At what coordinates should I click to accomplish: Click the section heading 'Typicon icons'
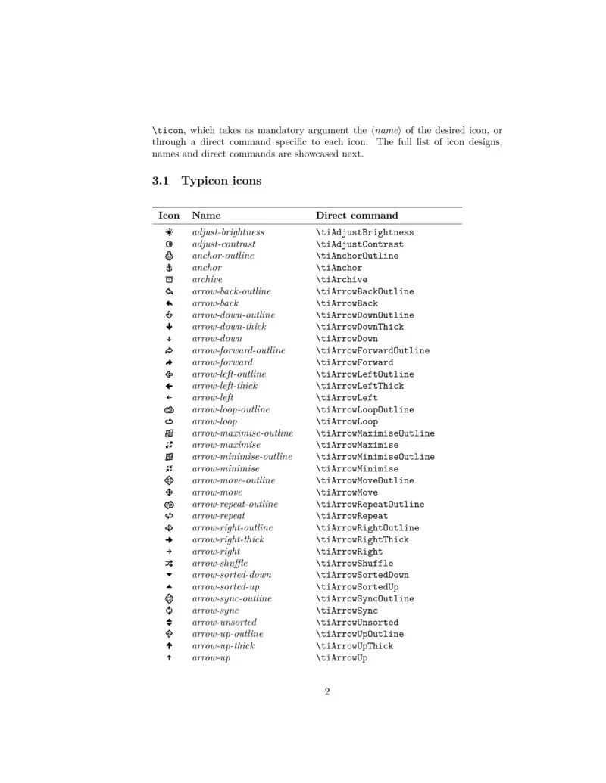point(221,182)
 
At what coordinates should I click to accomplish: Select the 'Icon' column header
point(169,216)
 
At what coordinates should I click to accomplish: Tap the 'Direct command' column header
point(357,216)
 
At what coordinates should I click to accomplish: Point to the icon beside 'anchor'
point(169,268)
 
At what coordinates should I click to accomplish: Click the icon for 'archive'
point(169,280)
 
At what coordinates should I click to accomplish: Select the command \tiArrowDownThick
point(360,327)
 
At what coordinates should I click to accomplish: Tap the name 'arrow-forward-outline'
point(239,350)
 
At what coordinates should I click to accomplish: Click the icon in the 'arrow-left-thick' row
point(169,386)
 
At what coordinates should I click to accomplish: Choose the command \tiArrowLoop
point(347,421)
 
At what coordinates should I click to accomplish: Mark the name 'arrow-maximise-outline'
point(242,433)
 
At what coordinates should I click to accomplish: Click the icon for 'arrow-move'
point(169,492)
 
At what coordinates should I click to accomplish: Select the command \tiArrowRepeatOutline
point(370,505)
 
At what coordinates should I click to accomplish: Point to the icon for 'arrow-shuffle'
point(169,564)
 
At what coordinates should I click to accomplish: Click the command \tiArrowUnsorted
point(357,623)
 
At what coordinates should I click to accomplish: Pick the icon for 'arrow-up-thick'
point(169,646)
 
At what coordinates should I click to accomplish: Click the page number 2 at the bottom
point(327,691)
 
